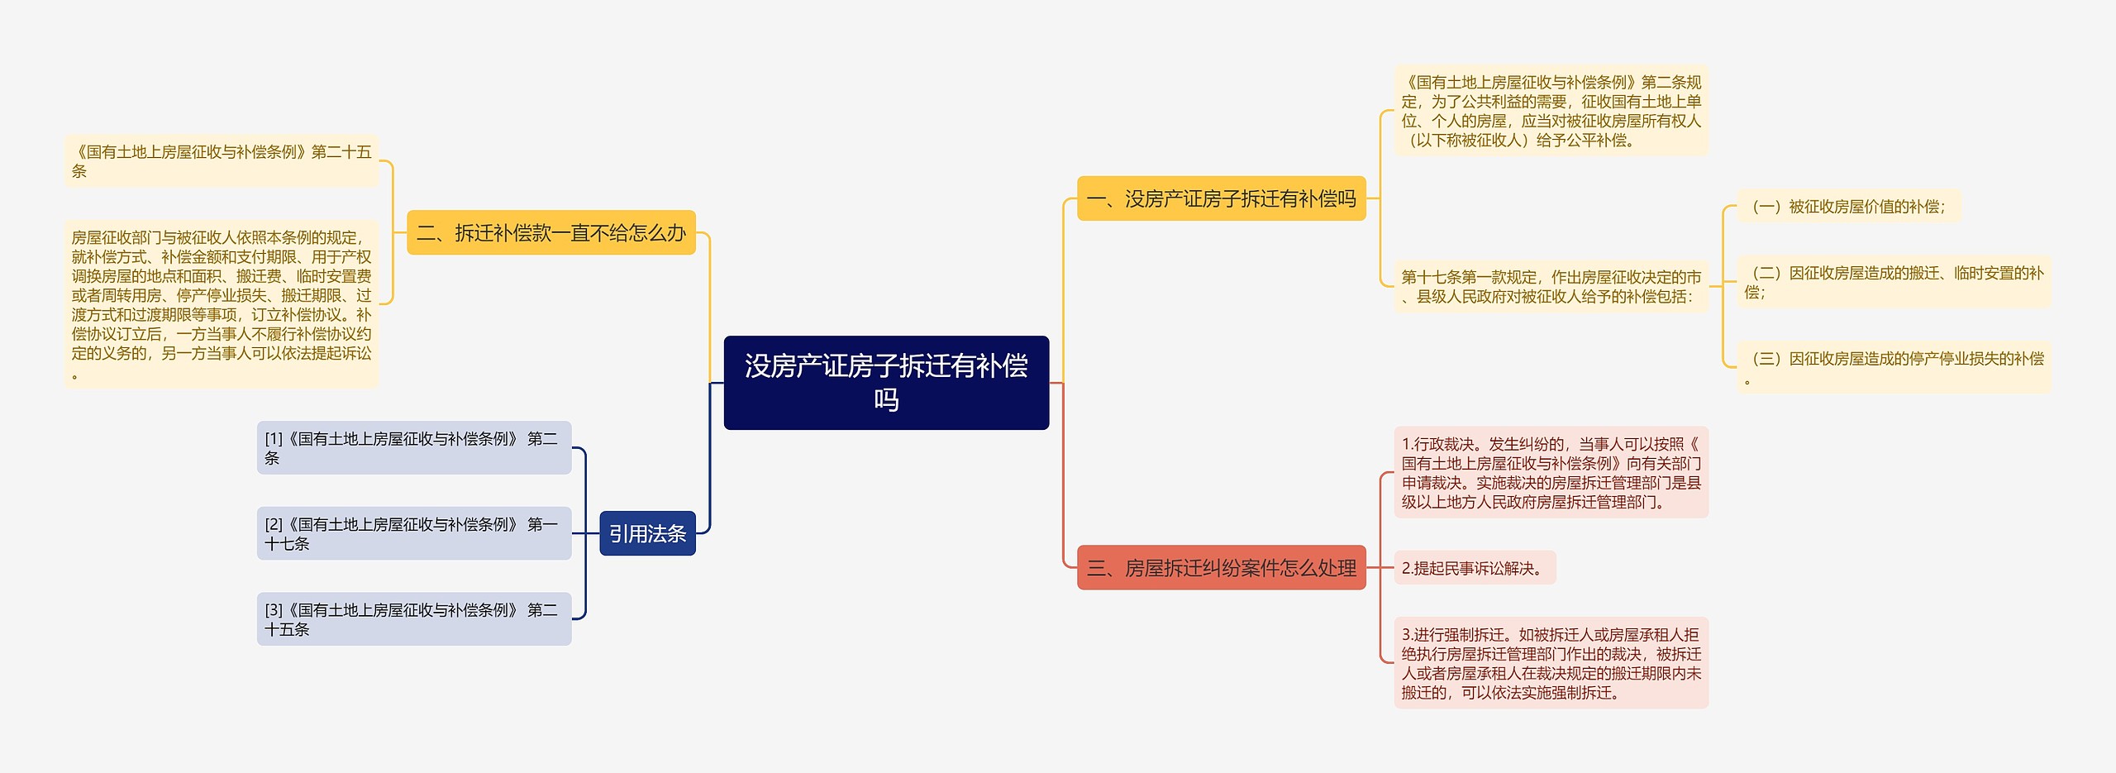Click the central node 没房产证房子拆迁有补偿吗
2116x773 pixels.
(886, 382)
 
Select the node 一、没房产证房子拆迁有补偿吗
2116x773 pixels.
(1221, 198)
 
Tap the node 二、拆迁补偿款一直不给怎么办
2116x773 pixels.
(550, 232)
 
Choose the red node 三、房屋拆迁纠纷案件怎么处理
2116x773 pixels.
(1221, 568)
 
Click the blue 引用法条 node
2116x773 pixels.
(647, 533)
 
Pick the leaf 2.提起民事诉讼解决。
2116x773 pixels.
(1474, 568)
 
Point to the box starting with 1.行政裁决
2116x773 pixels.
(1551, 473)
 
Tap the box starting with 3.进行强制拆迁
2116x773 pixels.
(1551, 663)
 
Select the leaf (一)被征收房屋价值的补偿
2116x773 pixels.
(1848, 207)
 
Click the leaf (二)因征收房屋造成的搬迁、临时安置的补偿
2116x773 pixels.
(1894, 282)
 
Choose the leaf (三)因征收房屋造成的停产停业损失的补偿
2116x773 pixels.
(1894, 368)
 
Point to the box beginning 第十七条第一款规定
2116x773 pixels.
(1551, 286)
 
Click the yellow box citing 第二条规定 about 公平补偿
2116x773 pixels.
(1551, 111)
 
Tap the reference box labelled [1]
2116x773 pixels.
(413, 448)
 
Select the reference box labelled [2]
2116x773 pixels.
(413, 533)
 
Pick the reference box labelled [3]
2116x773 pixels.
(413, 619)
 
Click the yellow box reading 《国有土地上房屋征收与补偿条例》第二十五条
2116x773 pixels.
(221, 161)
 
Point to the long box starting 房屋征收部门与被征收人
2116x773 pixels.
(221, 304)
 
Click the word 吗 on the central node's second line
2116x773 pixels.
(886, 400)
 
